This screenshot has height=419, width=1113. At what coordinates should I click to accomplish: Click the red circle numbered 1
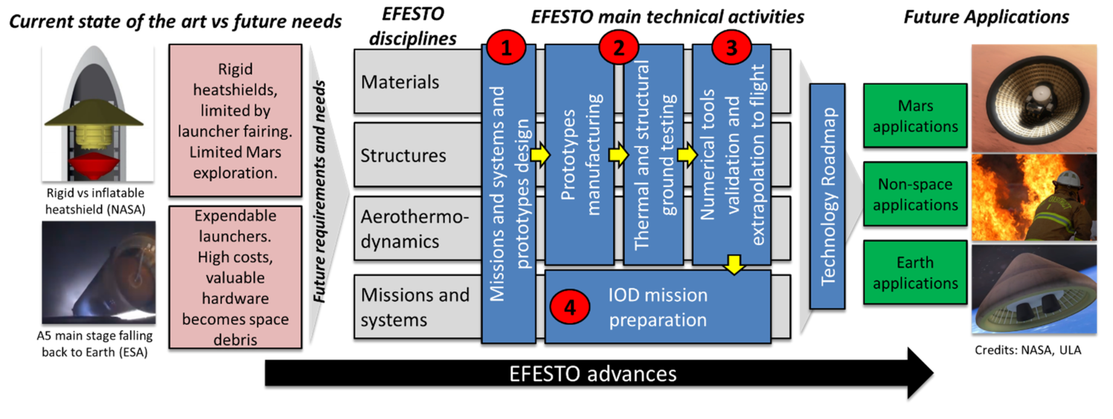[x=505, y=47]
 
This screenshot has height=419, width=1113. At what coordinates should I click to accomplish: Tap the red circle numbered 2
[x=618, y=47]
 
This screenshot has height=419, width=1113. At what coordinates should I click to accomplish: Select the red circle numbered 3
[x=731, y=47]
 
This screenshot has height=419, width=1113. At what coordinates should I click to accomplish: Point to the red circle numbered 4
[x=569, y=307]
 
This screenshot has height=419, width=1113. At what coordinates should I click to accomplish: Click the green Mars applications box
[x=915, y=116]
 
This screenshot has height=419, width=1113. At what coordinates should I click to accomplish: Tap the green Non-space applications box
[x=915, y=194]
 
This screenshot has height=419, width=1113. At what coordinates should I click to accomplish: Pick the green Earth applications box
[x=915, y=273]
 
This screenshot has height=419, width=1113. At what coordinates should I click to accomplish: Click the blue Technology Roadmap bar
[x=827, y=196]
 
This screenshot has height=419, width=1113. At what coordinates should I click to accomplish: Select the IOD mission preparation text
[x=658, y=307]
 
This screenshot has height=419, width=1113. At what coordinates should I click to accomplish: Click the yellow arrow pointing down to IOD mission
[x=734, y=264]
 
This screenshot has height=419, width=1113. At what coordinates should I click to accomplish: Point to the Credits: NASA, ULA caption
[x=1028, y=350]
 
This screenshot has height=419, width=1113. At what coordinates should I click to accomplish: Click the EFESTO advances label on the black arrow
[x=592, y=374]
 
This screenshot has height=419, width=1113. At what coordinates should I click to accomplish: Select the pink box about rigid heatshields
[x=235, y=120]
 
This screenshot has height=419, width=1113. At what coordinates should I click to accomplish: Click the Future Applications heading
[x=986, y=17]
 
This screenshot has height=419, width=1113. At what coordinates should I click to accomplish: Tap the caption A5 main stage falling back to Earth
[x=95, y=344]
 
